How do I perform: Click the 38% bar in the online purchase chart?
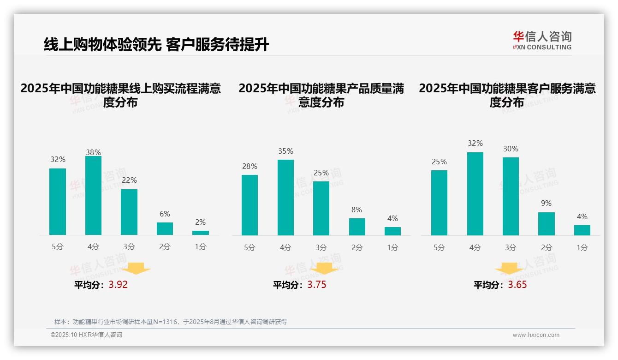(x=93, y=196)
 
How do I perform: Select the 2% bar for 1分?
(x=201, y=233)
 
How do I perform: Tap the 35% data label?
(x=285, y=151)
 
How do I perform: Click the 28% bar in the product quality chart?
(x=250, y=205)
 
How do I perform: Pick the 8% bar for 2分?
(x=357, y=227)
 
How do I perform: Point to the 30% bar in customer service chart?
(x=511, y=196)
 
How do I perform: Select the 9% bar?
(x=547, y=224)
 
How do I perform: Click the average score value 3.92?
(x=118, y=285)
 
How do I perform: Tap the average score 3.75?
(x=317, y=285)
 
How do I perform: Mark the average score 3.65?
(x=517, y=285)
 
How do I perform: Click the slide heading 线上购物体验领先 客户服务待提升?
(x=156, y=45)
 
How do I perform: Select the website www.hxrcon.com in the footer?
(x=536, y=335)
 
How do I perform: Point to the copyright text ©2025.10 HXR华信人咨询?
(x=86, y=335)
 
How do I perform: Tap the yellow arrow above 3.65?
(x=509, y=269)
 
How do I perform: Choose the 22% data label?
(x=129, y=180)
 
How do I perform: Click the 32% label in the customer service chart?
(x=475, y=144)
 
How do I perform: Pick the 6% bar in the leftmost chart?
(x=165, y=228)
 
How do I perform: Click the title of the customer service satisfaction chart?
(x=507, y=95)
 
